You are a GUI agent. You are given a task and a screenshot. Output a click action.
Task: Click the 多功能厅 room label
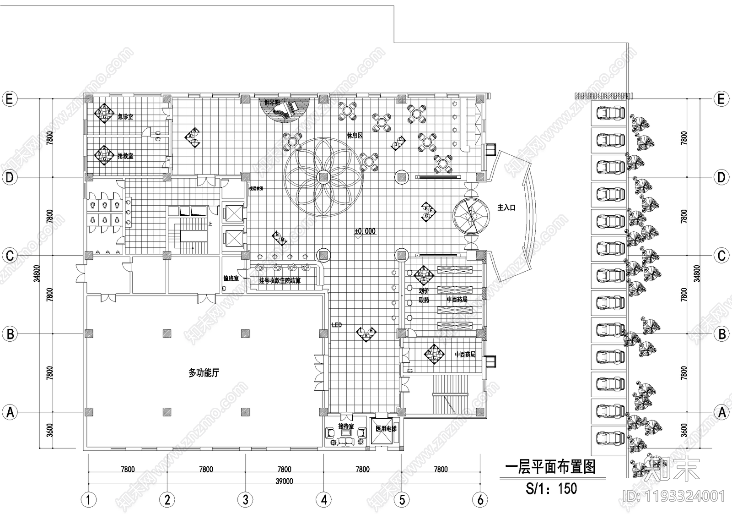tap(204, 373)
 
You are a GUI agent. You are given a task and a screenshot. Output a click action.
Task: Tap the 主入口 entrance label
tap(506, 208)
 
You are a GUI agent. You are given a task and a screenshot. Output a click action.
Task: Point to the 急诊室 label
tap(125, 117)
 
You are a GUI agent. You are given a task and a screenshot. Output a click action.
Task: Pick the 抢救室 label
tap(125, 156)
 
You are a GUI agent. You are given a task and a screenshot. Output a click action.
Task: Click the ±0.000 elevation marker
tap(365, 231)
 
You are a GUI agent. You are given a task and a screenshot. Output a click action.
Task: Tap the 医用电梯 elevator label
tap(386, 429)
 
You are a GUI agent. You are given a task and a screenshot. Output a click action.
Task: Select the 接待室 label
tap(346, 427)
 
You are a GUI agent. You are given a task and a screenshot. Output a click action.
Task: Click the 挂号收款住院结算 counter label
tap(280, 280)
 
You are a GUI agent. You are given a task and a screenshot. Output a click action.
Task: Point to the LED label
tap(337, 325)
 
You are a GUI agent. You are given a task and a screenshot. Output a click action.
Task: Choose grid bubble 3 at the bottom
tap(245, 499)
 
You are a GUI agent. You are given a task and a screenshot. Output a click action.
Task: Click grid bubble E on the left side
tap(10, 98)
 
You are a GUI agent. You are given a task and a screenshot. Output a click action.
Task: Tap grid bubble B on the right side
tap(721, 334)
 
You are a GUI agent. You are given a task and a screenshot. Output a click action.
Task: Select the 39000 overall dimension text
tap(284, 481)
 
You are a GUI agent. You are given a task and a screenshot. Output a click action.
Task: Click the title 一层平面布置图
tap(550, 467)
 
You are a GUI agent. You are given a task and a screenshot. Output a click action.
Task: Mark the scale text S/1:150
tap(552, 488)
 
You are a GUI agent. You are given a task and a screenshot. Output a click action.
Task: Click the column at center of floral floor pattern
tap(323, 177)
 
